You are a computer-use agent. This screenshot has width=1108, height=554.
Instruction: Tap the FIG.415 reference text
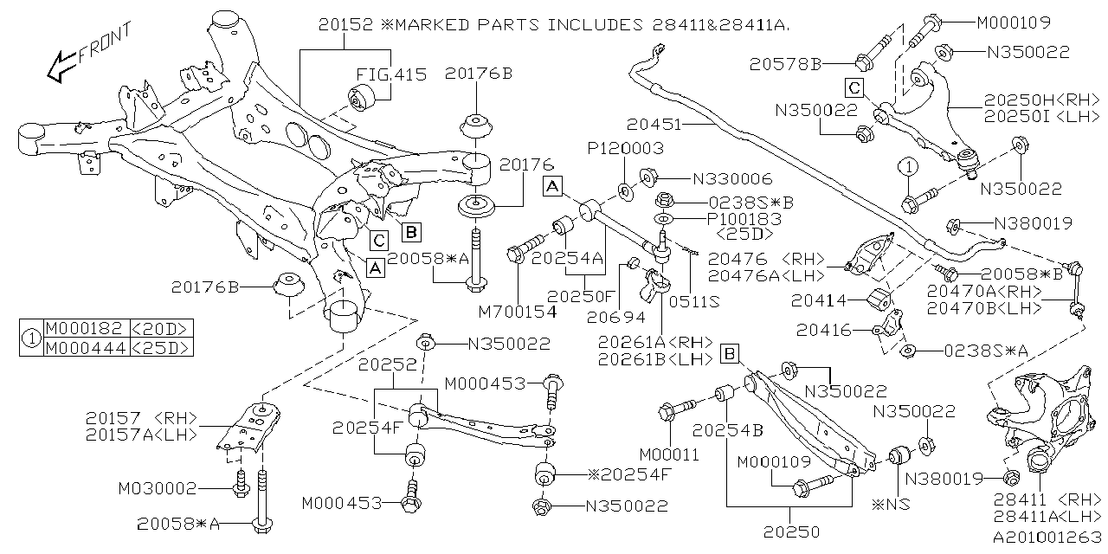[392, 74]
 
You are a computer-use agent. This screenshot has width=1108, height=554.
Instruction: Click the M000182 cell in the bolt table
[85, 328]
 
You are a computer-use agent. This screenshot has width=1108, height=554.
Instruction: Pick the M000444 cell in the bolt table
[85, 347]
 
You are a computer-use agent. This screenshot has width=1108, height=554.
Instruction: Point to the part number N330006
[732, 179]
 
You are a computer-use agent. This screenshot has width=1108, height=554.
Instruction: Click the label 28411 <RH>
[1045, 500]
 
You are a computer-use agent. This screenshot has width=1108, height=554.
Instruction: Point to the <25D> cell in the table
[160, 347]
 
